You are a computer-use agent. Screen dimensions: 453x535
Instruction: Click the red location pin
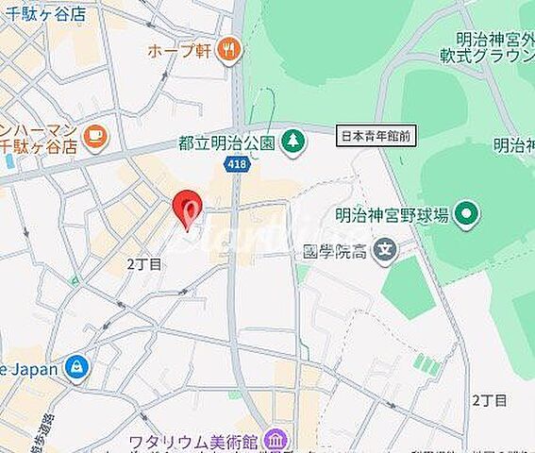188,207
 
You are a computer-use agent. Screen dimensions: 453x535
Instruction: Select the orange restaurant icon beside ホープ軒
227,50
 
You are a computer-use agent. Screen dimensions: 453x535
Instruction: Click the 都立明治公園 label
226,143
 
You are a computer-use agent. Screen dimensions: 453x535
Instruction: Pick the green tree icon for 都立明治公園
293,143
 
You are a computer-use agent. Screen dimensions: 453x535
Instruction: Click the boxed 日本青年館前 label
376,137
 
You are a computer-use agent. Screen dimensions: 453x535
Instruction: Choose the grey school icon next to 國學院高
384,251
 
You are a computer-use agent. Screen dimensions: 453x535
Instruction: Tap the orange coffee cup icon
94,138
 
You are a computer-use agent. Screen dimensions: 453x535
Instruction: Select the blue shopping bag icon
77,367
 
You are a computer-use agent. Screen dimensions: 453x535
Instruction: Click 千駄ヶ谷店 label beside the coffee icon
38,146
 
